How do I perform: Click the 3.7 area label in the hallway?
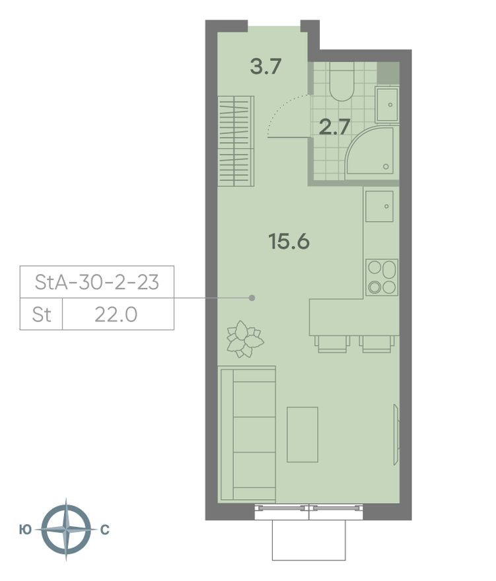click(x=267, y=67)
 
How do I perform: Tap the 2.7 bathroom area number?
click(x=334, y=126)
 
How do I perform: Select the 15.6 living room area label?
click(x=289, y=242)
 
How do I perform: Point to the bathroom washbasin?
click(x=388, y=104)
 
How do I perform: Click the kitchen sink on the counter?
click(x=380, y=206)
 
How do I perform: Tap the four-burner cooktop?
click(x=382, y=277)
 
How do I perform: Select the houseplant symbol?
click(x=244, y=339)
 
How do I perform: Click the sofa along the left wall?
click(x=246, y=434)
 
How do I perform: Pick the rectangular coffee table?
click(x=302, y=434)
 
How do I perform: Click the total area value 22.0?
click(x=116, y=314)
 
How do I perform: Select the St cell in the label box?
click(x=42, y=314)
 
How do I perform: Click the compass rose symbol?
click(x=65, y=530)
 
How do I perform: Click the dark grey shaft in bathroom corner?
click(x=390, y=72)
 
